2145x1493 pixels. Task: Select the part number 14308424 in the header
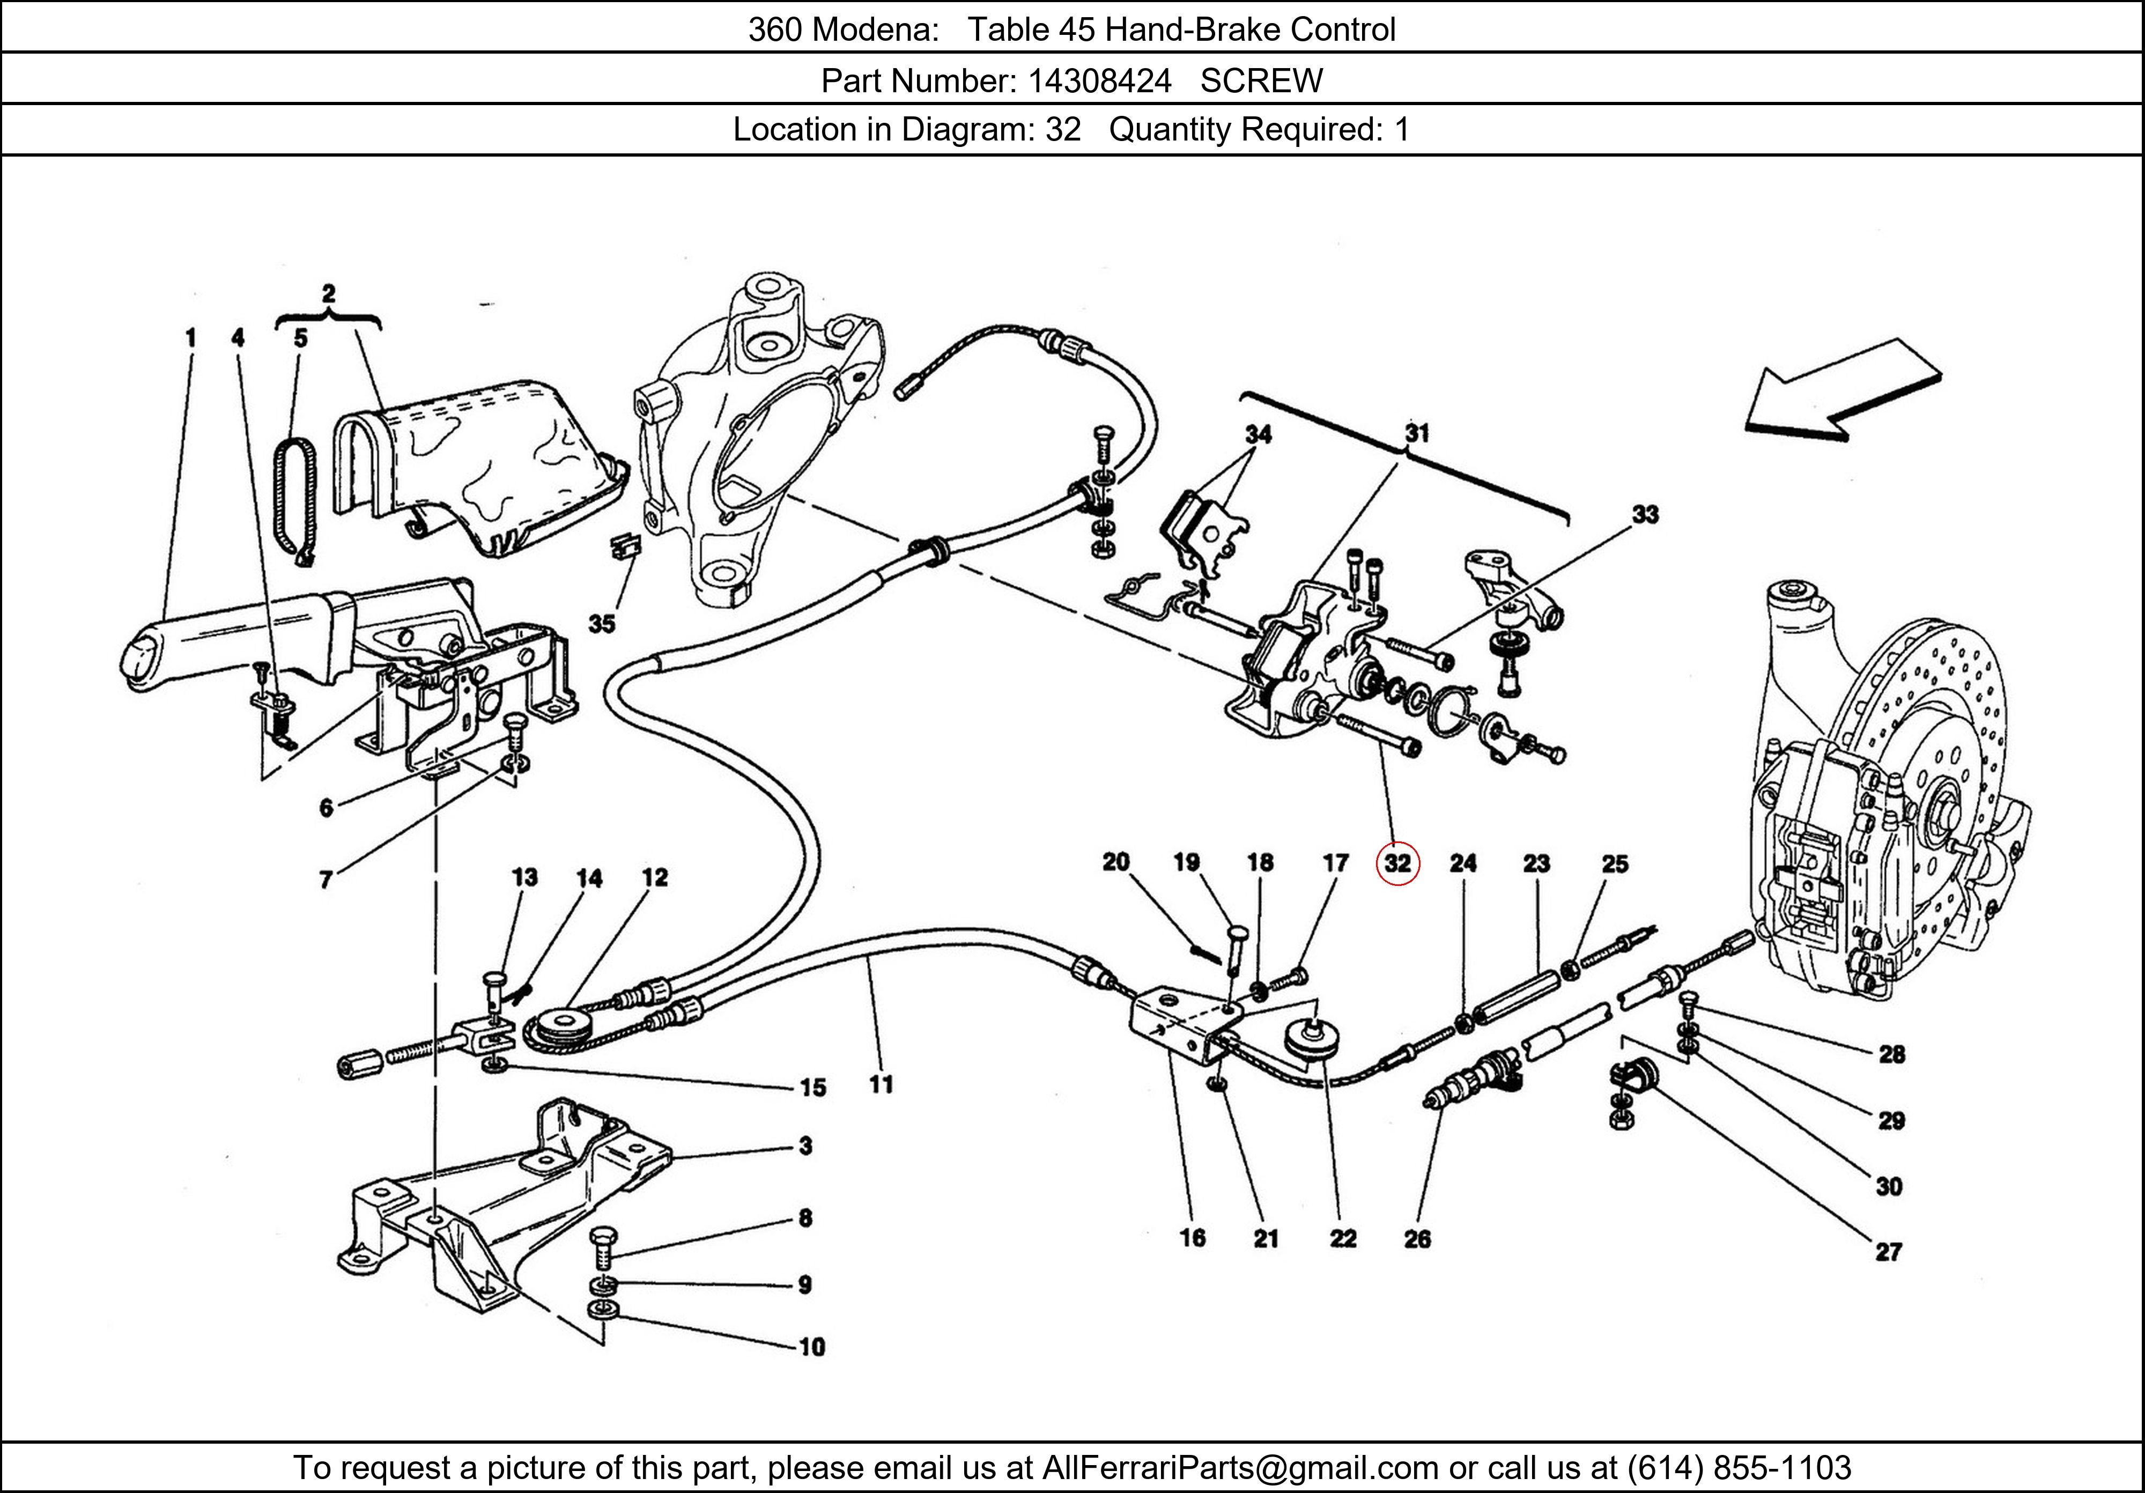1100,82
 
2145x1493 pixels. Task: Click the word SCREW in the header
1261,82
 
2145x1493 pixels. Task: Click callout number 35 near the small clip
602,623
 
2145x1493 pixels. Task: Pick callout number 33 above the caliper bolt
1645,514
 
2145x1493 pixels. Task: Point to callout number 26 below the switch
1417,1239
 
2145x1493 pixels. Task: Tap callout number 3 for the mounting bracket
805,1145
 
